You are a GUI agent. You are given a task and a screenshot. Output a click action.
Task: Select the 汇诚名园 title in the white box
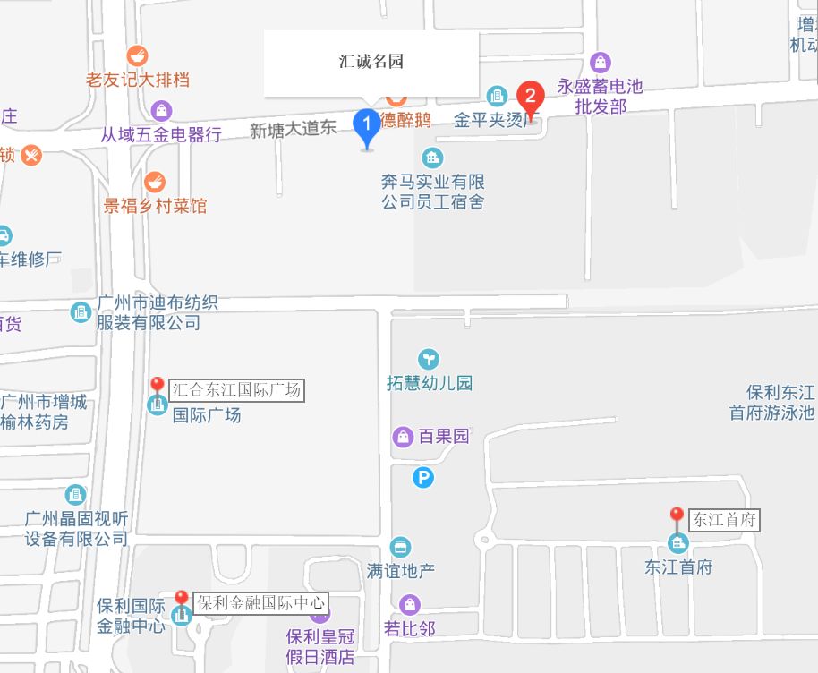tap(371, 62)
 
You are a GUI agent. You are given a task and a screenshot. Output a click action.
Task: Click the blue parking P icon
tap(423, 478)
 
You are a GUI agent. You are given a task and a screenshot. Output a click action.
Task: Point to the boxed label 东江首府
tap(725, 520)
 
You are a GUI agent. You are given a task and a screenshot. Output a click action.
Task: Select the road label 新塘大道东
tap(293, 130)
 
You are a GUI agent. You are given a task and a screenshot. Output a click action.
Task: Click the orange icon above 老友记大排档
tap(138, 56)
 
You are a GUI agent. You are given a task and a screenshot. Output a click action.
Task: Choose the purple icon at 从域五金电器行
tap(161, 111)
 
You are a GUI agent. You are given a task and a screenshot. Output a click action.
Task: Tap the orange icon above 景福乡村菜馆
tap(155, 182)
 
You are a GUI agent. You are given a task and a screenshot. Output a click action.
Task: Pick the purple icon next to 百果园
tap(404, 437)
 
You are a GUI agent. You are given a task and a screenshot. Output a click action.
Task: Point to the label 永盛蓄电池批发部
tap(600, 97)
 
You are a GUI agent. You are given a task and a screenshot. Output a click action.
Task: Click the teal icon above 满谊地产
tap(400, 547)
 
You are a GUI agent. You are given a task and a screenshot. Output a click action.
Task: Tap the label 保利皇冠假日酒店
tap(320, 648)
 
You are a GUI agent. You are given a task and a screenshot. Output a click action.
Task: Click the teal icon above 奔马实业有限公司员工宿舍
tap(433, 158)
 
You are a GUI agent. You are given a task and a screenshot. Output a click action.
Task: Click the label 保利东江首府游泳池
tap(771, 403)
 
